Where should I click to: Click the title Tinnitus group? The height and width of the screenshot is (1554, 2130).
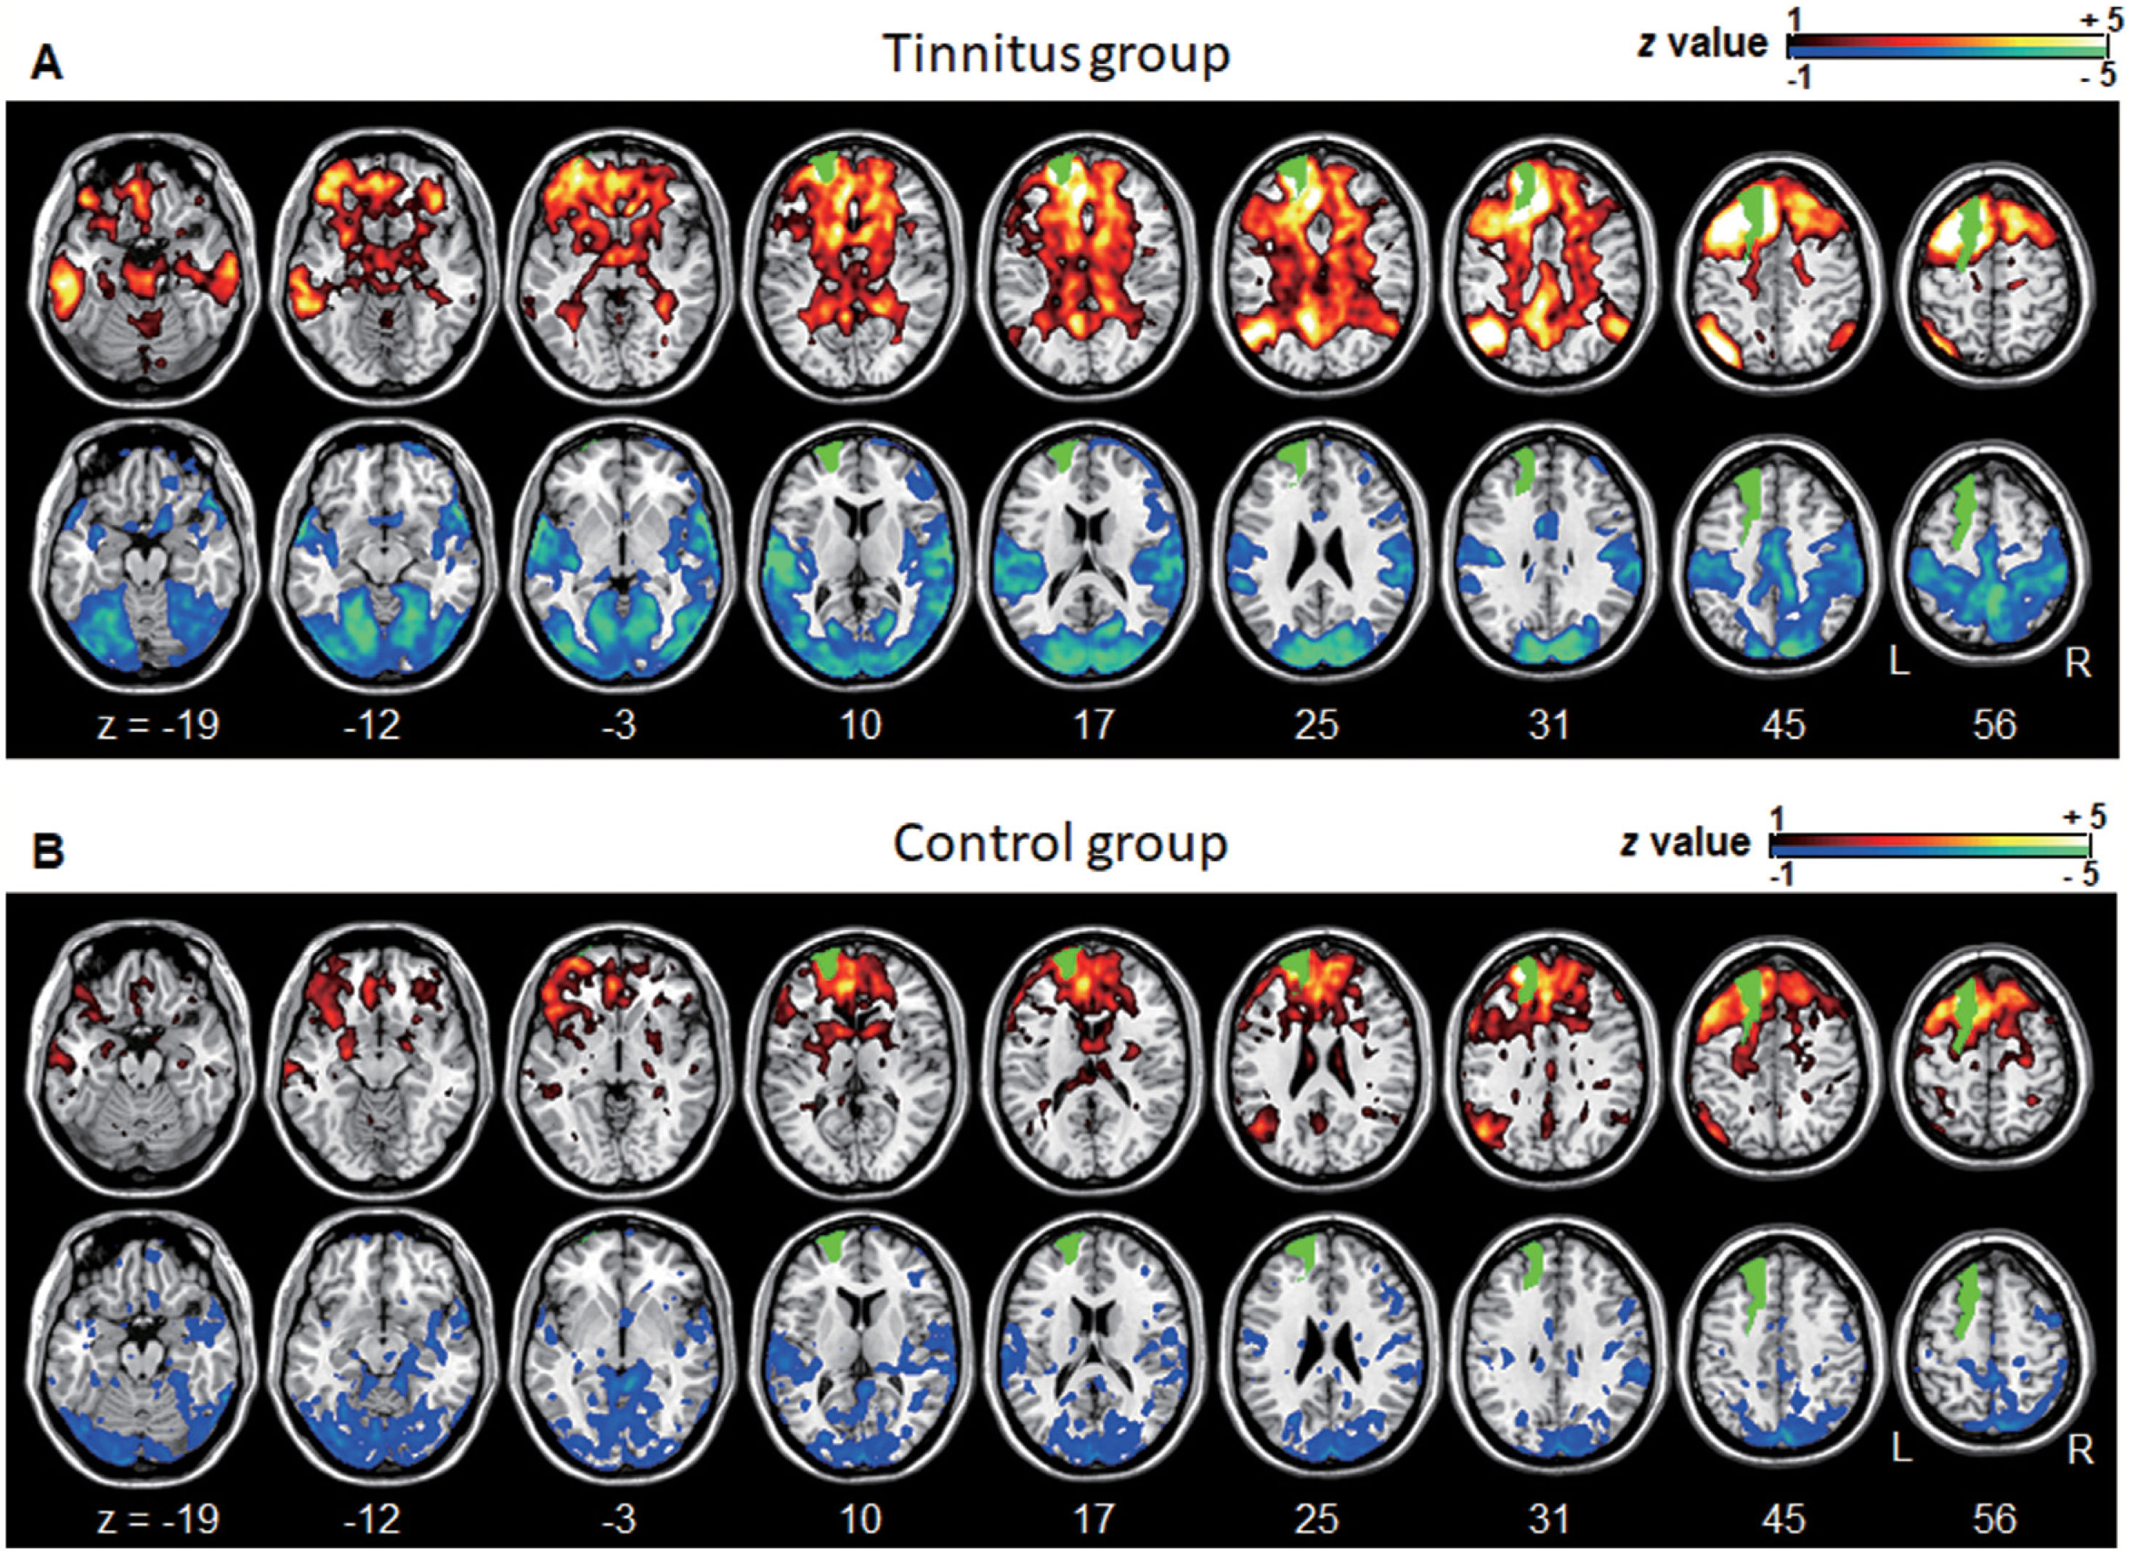1057,54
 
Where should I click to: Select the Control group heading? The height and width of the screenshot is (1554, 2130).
1060,843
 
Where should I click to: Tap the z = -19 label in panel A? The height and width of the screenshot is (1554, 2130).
158,725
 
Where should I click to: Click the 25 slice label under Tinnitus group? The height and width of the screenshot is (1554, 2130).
1315,725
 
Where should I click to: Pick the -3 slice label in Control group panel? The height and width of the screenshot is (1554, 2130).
621,1517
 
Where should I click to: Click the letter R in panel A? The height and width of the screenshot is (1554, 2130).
2077,664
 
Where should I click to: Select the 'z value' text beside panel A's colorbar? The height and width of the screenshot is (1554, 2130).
1703,44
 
